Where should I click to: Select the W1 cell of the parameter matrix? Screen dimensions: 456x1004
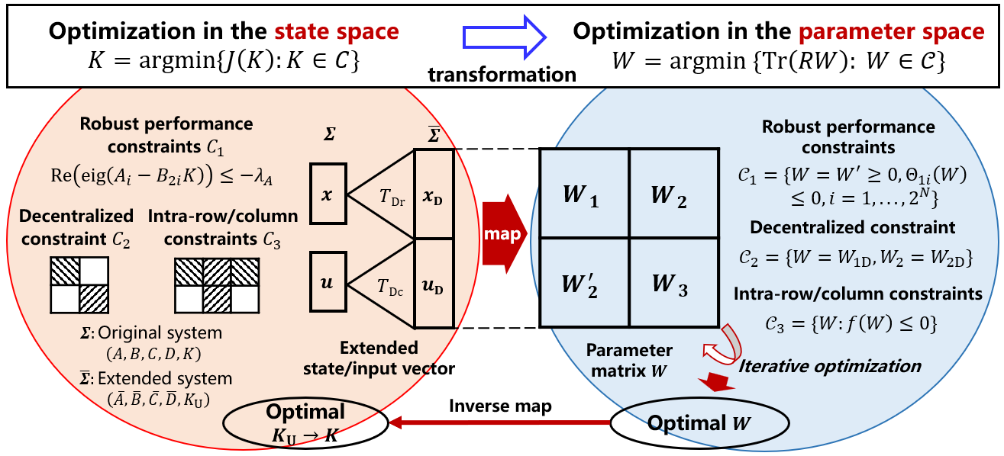[x=584, y=193]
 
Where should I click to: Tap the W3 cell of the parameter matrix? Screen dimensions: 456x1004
[x=673, y=281]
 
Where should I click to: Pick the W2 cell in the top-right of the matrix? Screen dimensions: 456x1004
[x=673, y=193]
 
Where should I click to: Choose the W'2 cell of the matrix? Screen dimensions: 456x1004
[x=584, y=281]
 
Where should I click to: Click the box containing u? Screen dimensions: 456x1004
[x=328, y=284]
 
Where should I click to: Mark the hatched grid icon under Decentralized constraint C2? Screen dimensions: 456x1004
[x=79, y=284]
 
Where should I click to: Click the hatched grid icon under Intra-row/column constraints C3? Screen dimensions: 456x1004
[x=216, y=284]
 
